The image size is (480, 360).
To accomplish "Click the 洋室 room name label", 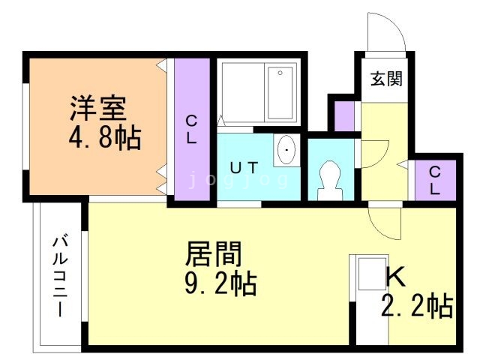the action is point(98,108).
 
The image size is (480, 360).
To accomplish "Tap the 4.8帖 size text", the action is point(105,137).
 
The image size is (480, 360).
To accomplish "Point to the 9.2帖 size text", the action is point(220,283).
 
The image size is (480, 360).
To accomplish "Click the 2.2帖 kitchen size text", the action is point(417,306).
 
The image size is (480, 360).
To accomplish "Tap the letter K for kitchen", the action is point(395,277).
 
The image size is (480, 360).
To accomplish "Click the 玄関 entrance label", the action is point(386,79).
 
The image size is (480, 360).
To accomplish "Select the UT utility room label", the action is point(244,167).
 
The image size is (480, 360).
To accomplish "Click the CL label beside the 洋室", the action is point(191,130).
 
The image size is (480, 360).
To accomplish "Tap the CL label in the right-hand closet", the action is point(435,181).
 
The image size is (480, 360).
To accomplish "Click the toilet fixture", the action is point(330,181).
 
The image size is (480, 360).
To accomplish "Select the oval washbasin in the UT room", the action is point(286,150).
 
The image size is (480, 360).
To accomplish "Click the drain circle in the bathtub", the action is point(280,73).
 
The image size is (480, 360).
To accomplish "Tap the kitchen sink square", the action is point(372,274).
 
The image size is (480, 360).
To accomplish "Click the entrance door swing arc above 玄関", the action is point(395,25).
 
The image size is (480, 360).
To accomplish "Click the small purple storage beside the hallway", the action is point(344,116).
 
